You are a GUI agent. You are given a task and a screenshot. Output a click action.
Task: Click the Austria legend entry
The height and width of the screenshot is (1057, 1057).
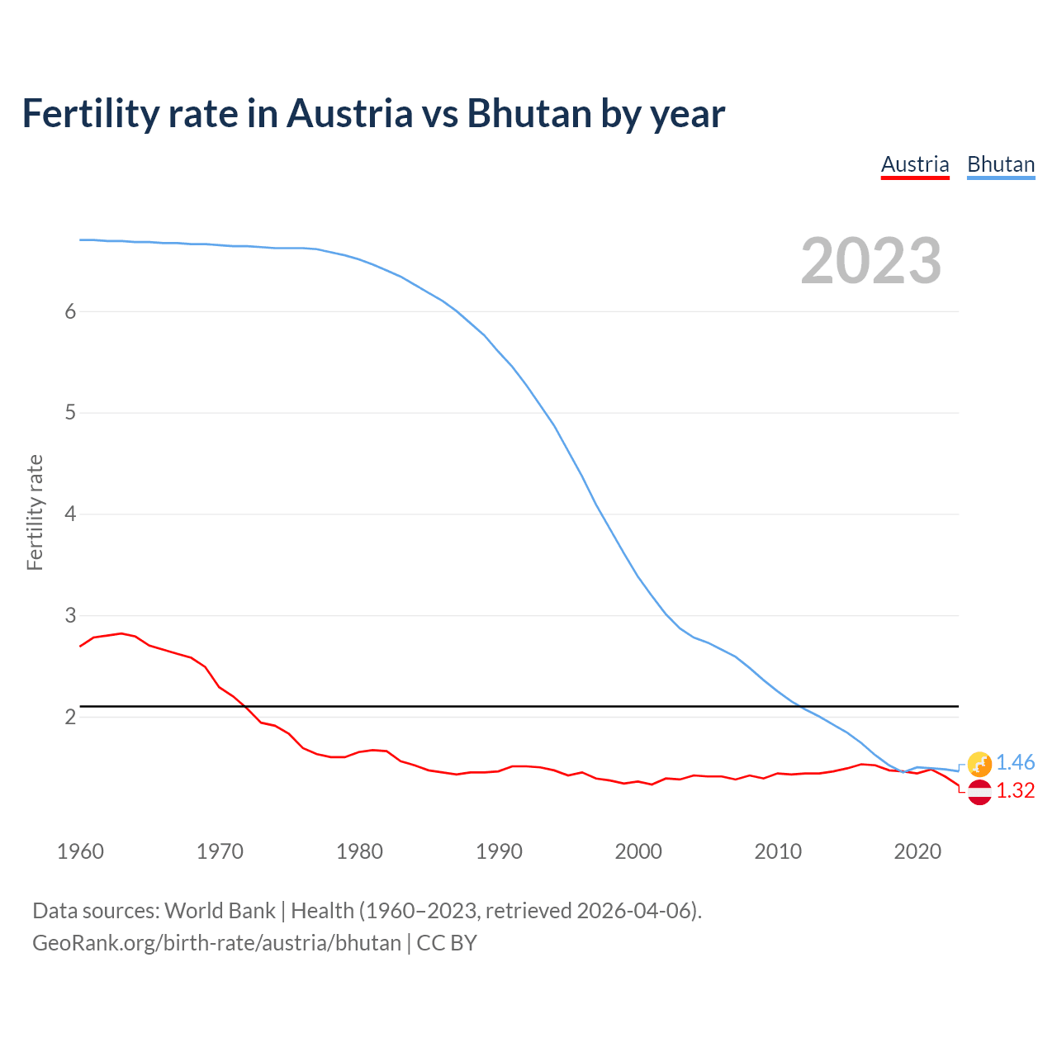[915, 164]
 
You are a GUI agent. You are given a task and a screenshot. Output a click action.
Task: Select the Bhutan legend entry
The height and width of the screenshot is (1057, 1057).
[1001, 164]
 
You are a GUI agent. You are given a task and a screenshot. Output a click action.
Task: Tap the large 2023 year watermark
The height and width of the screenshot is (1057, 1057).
[871, 261]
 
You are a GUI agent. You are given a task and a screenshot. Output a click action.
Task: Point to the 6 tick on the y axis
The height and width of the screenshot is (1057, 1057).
[70, 311]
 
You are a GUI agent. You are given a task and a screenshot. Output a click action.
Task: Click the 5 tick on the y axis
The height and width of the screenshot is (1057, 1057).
[70, 413]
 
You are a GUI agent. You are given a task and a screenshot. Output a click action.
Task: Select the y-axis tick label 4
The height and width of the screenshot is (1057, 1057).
[70, 514]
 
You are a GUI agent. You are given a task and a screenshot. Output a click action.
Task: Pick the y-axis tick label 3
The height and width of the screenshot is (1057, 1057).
[70, 616]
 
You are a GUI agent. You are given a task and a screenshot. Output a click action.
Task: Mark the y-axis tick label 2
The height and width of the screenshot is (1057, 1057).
[70, 718]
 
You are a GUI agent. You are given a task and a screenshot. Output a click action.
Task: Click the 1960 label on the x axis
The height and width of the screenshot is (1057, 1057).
[80, 851]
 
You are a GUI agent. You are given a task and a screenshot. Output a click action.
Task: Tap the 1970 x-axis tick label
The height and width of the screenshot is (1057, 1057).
[220, 851]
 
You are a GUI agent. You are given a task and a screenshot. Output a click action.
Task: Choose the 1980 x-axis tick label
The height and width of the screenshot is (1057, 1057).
[359, 851]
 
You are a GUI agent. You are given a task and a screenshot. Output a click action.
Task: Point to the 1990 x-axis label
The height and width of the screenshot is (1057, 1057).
[499, 851]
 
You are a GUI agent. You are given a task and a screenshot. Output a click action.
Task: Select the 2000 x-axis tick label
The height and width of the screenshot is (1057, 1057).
[638, 851]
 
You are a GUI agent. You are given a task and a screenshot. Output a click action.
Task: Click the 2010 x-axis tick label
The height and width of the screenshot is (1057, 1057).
[778, 851]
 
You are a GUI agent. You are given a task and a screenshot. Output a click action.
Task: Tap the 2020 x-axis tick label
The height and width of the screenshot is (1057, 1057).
[917, 851]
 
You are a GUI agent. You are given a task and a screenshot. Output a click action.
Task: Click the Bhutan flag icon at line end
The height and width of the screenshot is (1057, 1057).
[979, 764]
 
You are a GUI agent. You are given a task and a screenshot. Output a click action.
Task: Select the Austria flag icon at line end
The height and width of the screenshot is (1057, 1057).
[979, 792]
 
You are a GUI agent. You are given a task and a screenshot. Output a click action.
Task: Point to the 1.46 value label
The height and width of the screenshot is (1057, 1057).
[1015, 763]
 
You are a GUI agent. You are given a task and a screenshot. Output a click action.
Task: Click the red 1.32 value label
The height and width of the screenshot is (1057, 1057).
[1015, 791]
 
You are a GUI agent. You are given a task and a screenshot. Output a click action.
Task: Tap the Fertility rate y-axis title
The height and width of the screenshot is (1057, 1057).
[35, 512]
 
